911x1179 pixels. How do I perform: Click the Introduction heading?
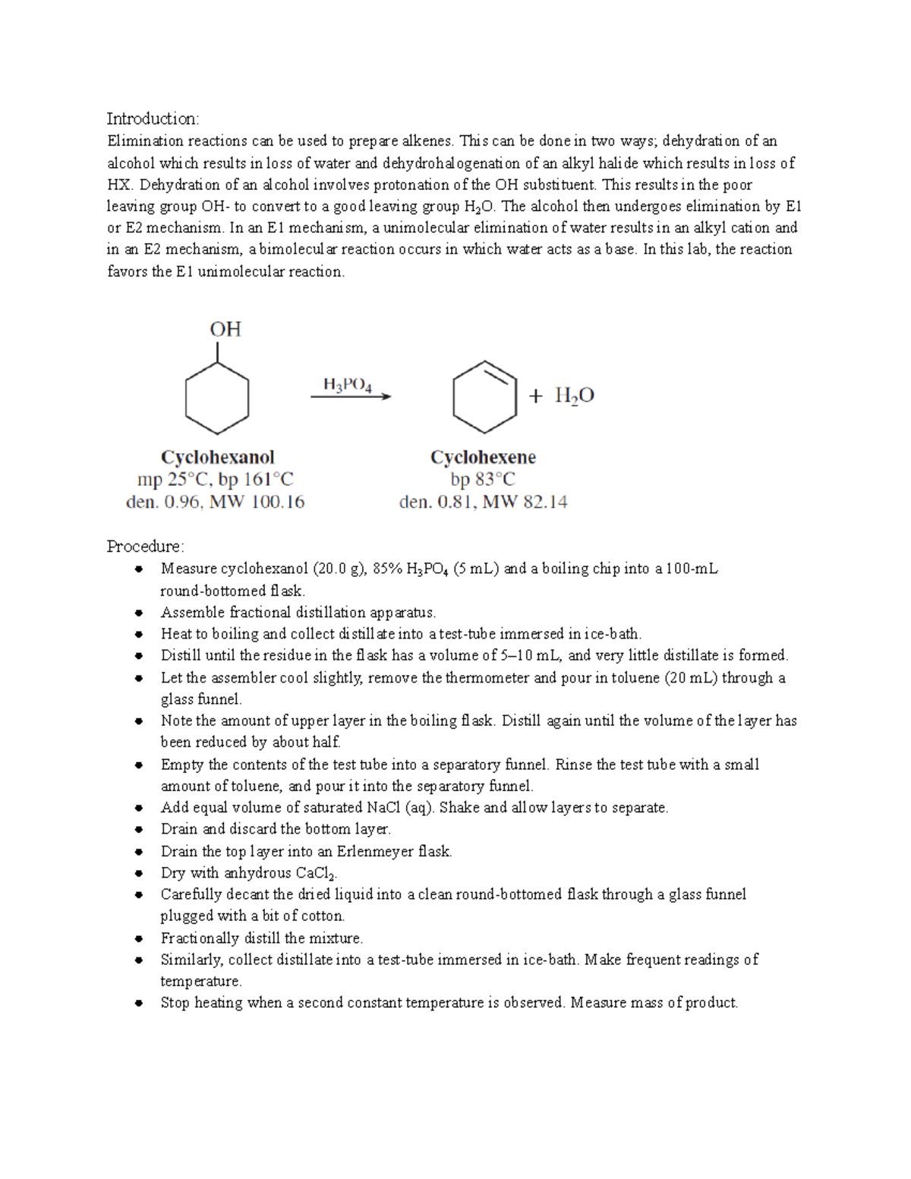(x=153, y=118)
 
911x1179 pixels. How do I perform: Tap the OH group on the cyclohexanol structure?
(x=225, y=329)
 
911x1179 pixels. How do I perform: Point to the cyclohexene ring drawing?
(x=484, y=397)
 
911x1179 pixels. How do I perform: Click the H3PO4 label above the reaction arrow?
(x=348, y=385)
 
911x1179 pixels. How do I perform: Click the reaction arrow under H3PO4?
(x=351, y=396)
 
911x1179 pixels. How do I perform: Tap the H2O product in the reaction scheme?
(x=574, y=396)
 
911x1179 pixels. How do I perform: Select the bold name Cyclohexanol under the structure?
(x=217, y=457)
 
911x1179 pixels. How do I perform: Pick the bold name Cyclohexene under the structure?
(x=483, y=457)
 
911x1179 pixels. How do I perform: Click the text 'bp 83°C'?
(x=483, y=480)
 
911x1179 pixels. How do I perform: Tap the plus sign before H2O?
(x=536, y=396)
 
